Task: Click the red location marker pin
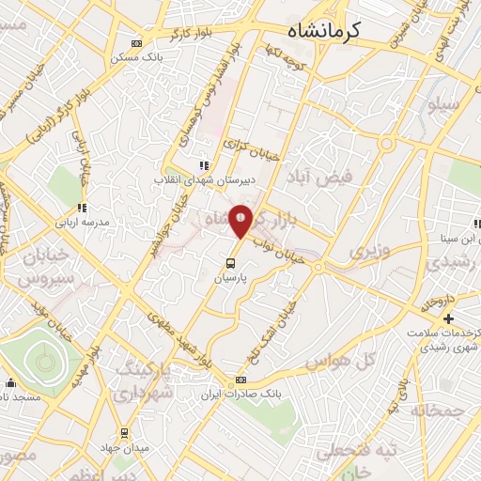click(x=240, y=219)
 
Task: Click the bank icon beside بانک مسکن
click(x=137, y=43)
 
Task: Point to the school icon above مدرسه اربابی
click(x=82, y=209)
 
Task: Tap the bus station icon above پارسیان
click(x=230, y=239)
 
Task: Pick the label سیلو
click(x=445, y=105)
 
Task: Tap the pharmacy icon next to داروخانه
click(x=449, y=318)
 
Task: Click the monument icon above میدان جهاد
click(x=131, y=434)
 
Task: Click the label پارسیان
click(x=231, y=254)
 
